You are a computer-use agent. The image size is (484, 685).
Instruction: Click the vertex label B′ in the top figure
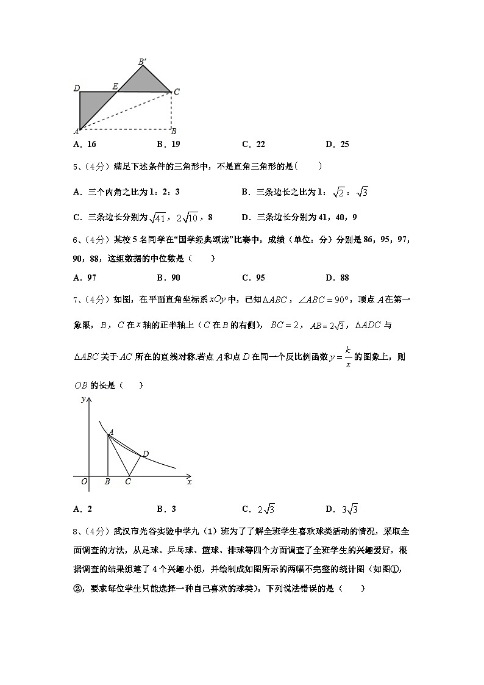[x=141, y=61]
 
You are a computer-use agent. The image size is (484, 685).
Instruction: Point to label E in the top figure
[x=114, y=87]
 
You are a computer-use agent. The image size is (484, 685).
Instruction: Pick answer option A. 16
[x=84, y=145]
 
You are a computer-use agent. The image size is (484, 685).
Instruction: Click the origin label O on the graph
[x=84, y=482]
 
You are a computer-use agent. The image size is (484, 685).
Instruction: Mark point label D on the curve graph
[x=145, y=454]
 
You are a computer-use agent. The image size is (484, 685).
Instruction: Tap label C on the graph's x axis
[x=127, y=482]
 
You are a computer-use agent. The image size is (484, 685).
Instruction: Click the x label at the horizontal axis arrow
[x=190, y=482]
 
